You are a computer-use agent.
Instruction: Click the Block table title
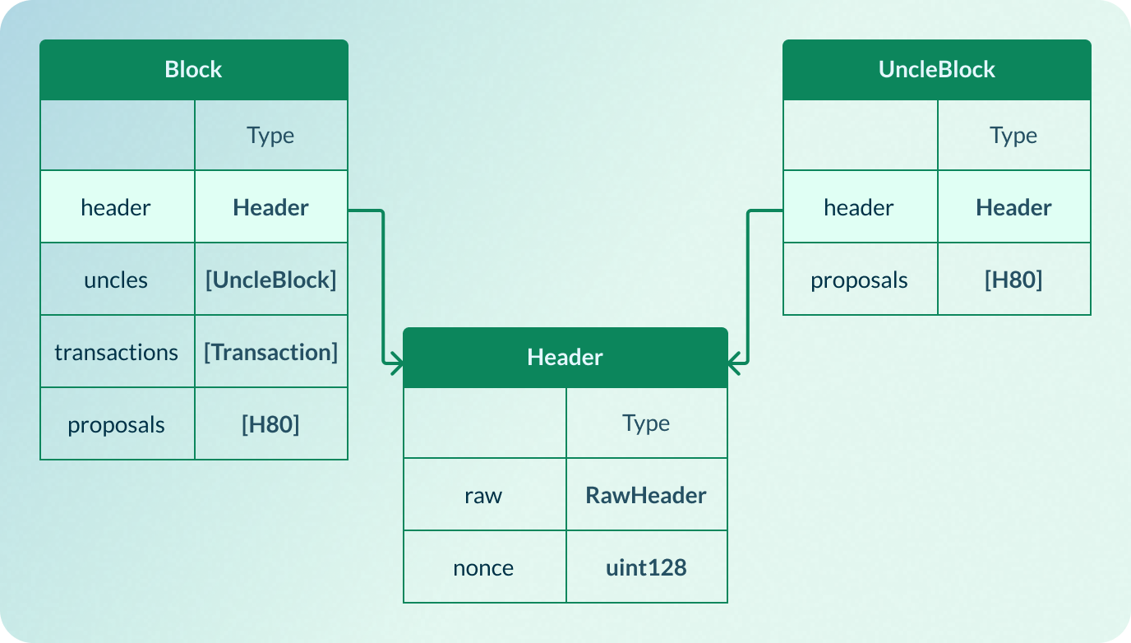coord(193,69)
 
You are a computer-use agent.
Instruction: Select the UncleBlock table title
coord(936,69)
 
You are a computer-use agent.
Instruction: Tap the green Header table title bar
coord(565,357)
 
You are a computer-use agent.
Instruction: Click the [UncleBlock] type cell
coord(270,280)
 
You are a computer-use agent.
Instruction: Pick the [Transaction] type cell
coord(270,352)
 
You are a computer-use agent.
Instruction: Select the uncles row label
coord(116,280)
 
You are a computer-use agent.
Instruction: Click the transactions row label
coord(116,352)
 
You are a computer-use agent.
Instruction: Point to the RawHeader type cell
coord(646,495)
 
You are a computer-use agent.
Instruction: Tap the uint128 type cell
coord(646,567)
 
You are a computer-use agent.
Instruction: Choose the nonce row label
coord(483,567)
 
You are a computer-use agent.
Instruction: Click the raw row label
coord(483,495)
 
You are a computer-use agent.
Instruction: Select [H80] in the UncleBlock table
coord(1013,280)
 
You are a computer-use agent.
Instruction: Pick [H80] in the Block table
coord(270,424)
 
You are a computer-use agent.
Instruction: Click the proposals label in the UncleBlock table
coord(859,280)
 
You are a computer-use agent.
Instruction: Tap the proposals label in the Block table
coord(116,424)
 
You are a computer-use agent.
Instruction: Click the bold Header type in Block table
coord(270,207)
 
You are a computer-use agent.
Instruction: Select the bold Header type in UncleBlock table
coord(1013,207)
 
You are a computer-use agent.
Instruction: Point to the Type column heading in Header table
coord(646,423)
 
